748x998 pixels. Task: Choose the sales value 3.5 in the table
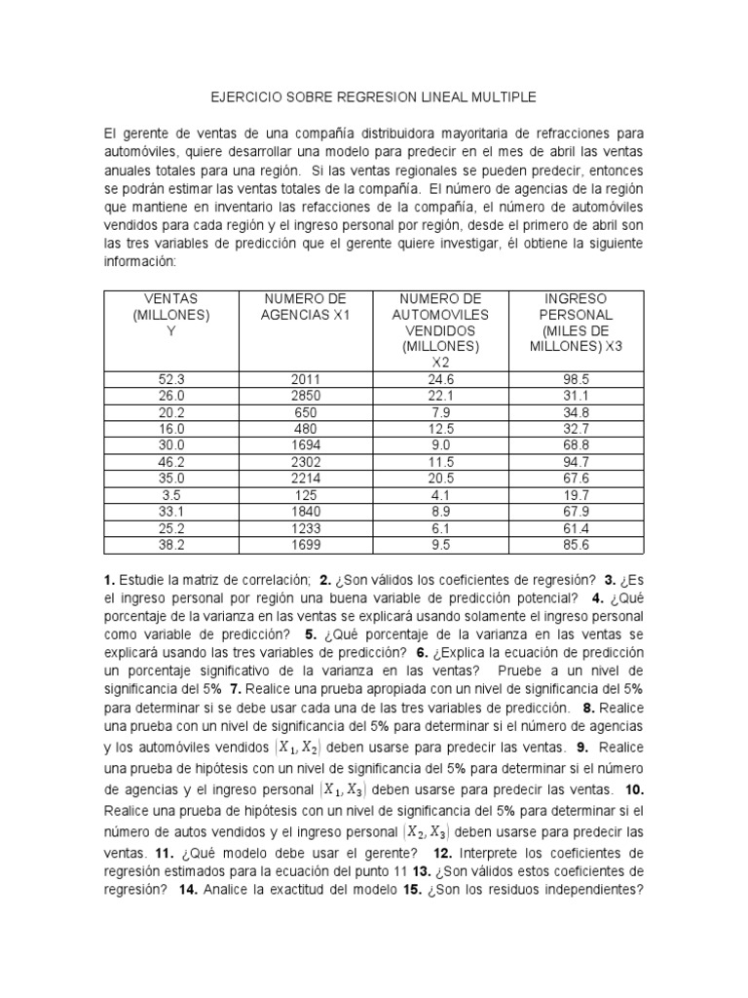point(170,493)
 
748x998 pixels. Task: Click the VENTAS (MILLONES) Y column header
point(170,314)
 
